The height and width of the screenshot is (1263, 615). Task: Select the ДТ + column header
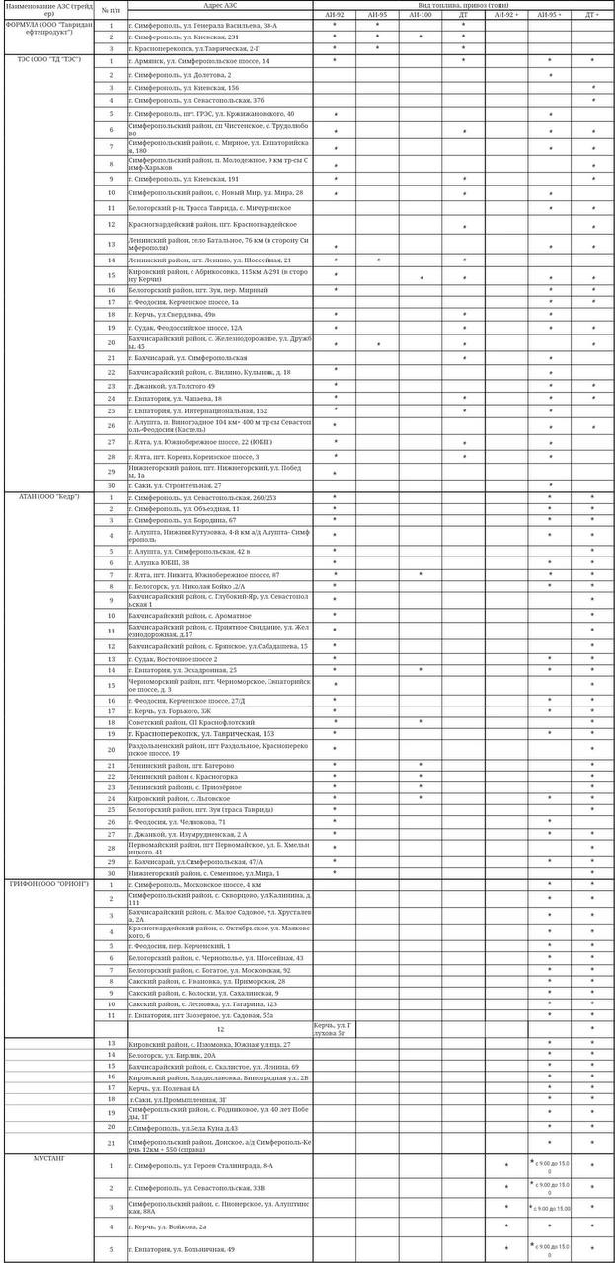(x=592, y=15)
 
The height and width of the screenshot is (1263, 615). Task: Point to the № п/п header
(x=112, y=10)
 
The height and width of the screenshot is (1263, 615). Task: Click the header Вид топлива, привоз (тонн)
(x=463, y=5)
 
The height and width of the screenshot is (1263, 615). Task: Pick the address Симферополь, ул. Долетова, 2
(x=182, y=74)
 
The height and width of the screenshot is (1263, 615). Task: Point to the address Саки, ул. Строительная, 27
(x=178, y=485)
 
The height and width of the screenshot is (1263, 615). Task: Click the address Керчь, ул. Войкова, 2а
(x=169, y=1226)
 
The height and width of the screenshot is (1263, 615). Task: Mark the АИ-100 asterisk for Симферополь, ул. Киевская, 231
(x=421, y=37)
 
